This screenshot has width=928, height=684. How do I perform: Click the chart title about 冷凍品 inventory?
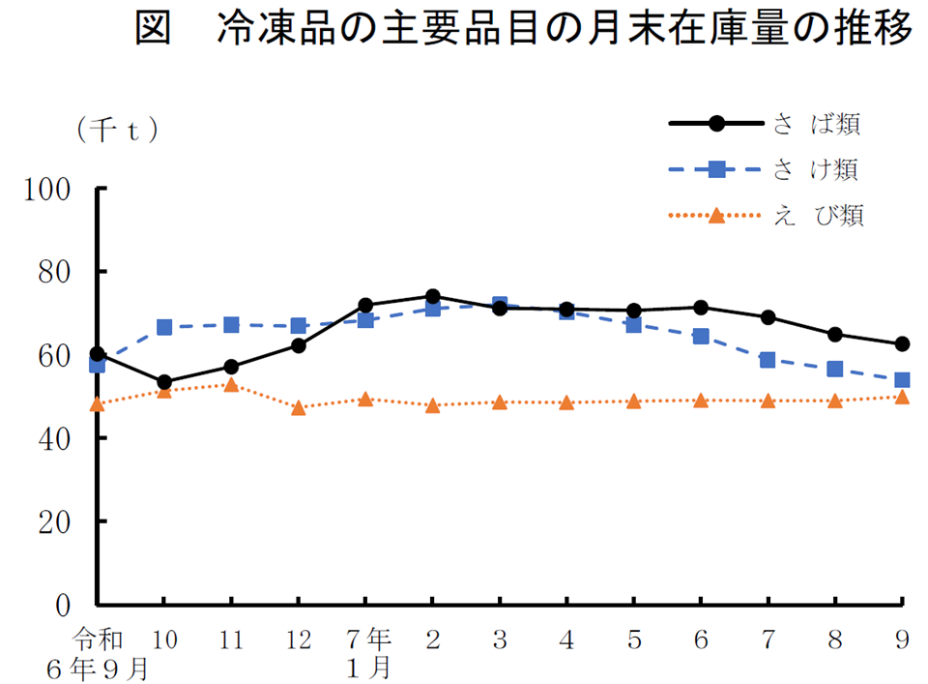tap(522, 31)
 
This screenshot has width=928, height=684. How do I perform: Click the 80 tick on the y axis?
tap(56, 272)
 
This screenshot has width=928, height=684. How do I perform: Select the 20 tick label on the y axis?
tap(56, 521)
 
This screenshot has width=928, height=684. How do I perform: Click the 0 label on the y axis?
tap(64, 605)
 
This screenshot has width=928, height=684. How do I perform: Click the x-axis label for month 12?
tap(299, 639)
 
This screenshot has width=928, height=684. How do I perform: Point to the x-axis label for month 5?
tap(633, 639)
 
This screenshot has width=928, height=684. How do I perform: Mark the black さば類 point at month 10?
tap(164, 382)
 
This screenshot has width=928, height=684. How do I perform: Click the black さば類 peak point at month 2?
tap(432, 296)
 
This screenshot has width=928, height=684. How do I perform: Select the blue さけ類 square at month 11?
tap(231, 325)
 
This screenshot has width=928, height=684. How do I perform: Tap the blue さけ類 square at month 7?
tap(768, 360)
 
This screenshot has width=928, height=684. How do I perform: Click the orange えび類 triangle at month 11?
tap(231, 385)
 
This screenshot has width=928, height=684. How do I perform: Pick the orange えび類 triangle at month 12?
tap(299, 408)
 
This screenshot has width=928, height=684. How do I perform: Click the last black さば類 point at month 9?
tap(901, 343)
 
